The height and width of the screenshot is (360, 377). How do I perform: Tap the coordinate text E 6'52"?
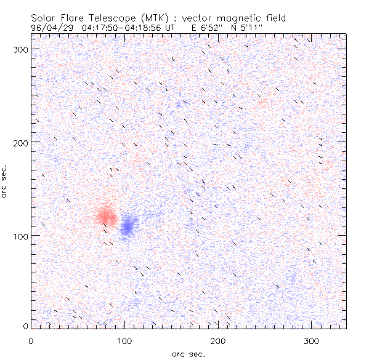pos(208,28)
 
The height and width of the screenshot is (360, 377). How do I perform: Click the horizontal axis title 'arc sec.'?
pos(188,354)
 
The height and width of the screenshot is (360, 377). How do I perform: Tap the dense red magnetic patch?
pos(105,215)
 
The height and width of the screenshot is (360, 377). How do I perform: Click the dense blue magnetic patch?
pos(128,226)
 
